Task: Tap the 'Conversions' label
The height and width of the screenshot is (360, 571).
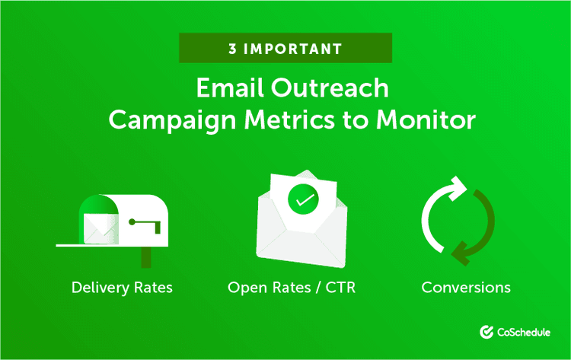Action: pos(466,288)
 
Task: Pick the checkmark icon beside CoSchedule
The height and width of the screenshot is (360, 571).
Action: pos(487,332)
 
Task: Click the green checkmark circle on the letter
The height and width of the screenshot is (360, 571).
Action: pos(304,201)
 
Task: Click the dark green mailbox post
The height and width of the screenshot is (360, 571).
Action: pos(146,256)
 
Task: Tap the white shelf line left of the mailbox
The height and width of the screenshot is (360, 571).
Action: pos(69,245)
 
